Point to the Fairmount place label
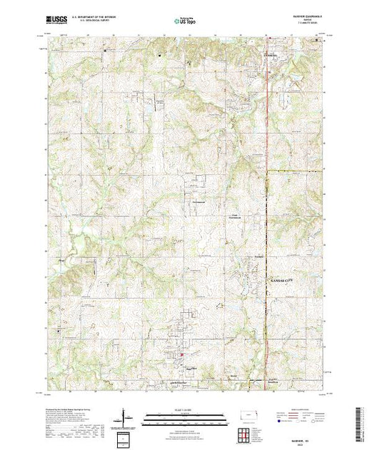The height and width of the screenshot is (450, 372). [198, 203]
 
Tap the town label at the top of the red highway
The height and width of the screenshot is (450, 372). [274, 54]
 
